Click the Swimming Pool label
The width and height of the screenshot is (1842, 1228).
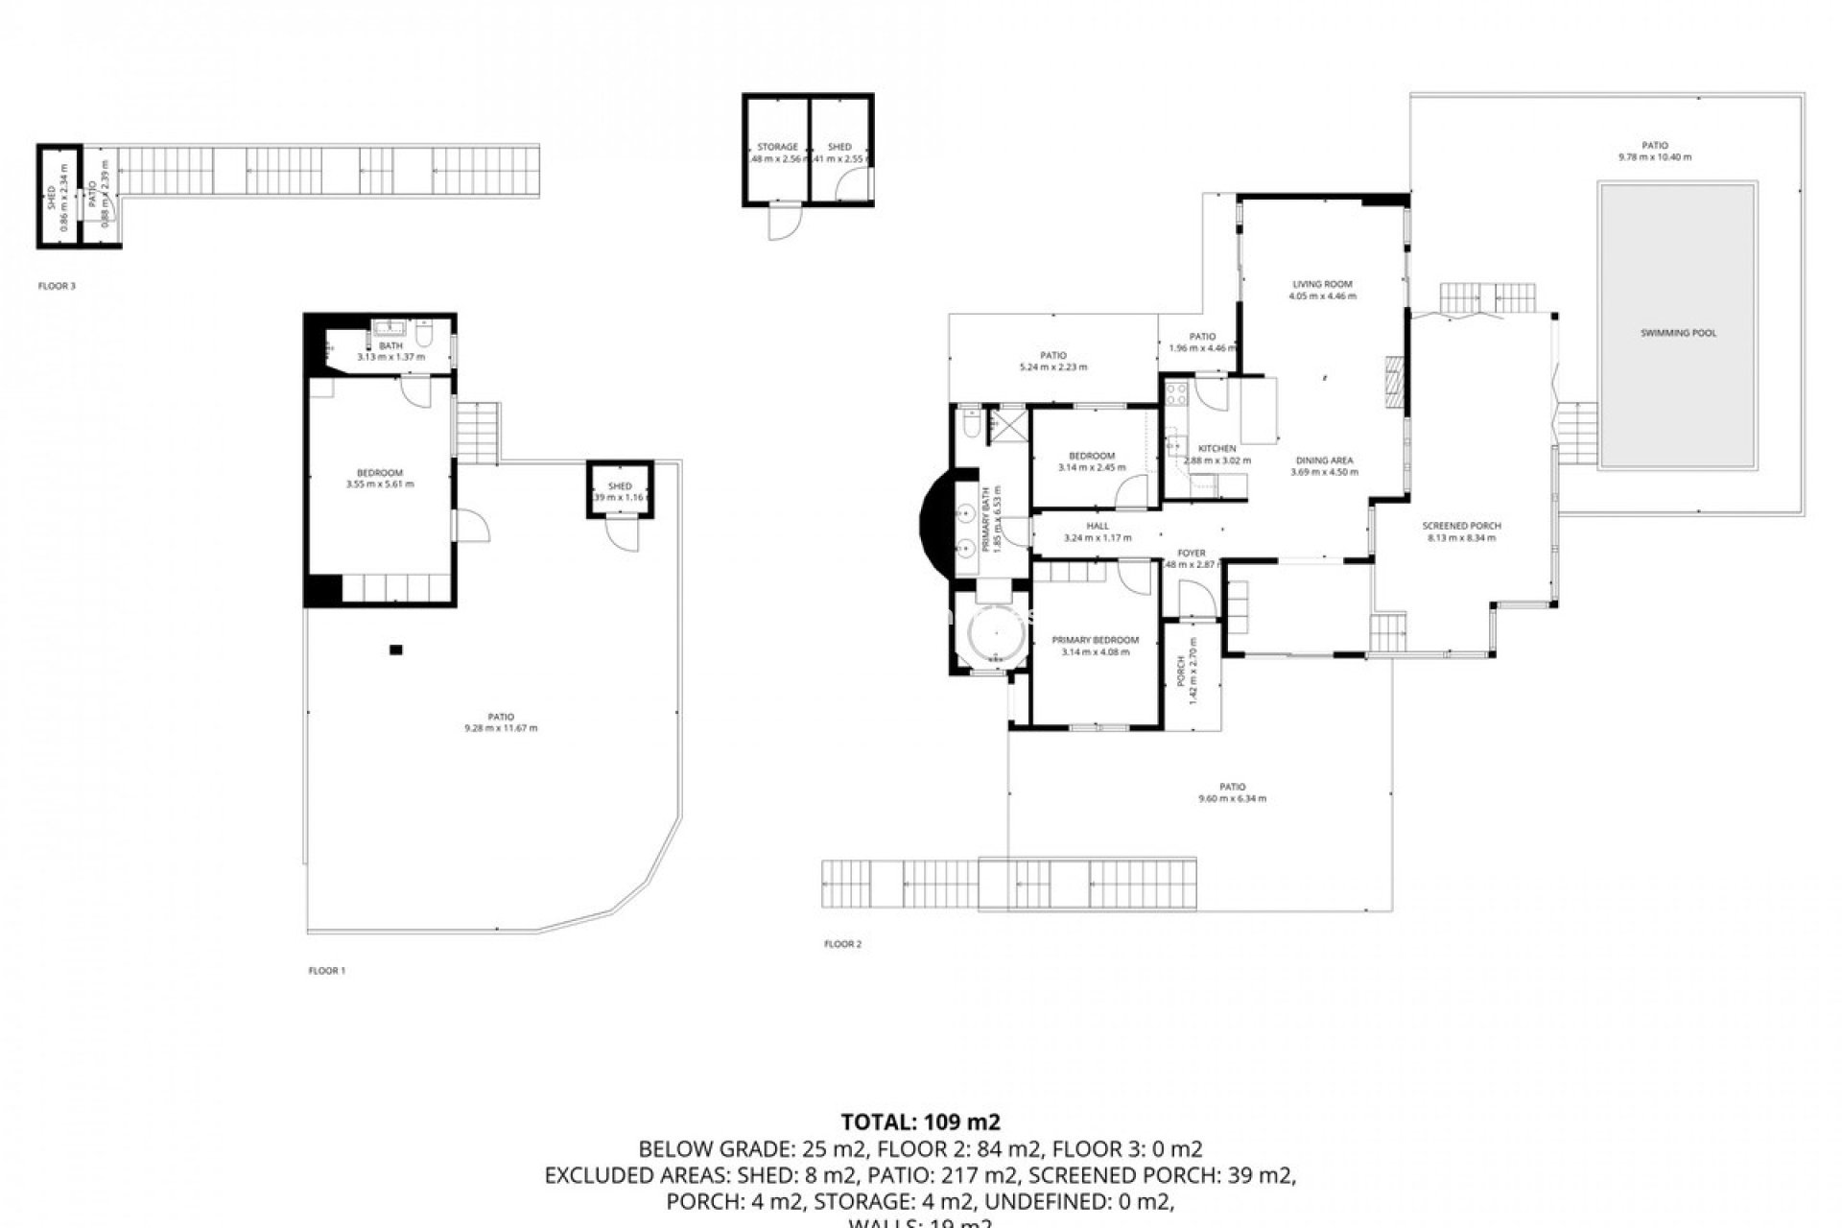click(x=1678, y=333)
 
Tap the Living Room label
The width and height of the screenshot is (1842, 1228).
click(x=1322, y=284)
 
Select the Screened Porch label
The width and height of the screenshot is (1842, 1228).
click(x=1461, y=526)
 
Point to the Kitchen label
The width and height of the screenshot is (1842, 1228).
click(x=1216, y=449)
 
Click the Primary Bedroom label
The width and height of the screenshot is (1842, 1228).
click(x=1095, y=640)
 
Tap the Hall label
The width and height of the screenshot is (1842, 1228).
click(x=1098, y=526)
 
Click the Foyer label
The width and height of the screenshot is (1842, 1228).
click(x=1192, y=554)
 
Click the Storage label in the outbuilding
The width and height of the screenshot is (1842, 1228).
click(x=777, y=147)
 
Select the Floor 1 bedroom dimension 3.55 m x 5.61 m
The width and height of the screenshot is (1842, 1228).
click(x=380, y=484)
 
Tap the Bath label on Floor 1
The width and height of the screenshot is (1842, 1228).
click(x=390, y=345)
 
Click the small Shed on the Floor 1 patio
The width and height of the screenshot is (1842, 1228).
click(x=620, y=491)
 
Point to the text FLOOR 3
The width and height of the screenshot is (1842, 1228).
click(x=57, y=286)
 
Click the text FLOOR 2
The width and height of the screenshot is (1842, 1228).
click(x=842, y=944)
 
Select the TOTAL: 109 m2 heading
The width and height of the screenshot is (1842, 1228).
click(x=921, y=1122)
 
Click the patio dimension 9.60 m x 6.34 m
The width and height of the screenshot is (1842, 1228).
click(x=1232, y=798)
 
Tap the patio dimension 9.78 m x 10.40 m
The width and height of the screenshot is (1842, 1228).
click(x=1654, y=156)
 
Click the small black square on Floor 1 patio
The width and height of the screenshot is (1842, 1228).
click(x=396, y=649)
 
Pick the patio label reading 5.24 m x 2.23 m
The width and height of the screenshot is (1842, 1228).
click(x=1052, y=366)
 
